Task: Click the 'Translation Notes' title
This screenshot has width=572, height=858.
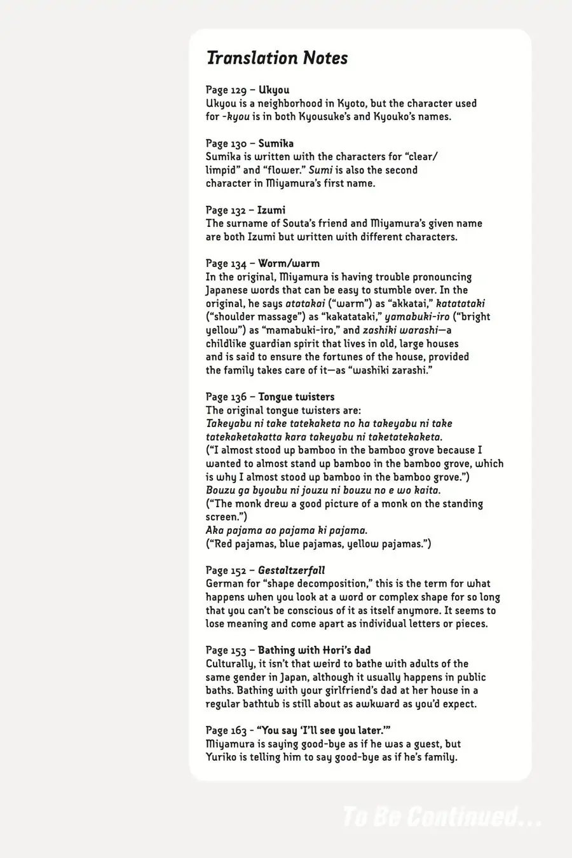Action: (x=277, y=58)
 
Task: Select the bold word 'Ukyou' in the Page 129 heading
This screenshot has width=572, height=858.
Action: (x=273, y=90)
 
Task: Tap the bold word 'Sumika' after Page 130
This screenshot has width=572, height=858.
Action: (x=276, y=144)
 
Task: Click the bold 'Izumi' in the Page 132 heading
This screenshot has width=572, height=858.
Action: (x=271, y=210)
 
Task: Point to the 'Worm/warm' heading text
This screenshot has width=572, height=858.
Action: (x=289, y=264)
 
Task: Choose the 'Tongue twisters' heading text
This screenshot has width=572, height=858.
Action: (x=296, y=397)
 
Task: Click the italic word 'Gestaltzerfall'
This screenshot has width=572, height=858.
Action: (x=291, y=571)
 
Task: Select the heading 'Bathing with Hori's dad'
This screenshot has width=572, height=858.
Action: (x=314, y=651)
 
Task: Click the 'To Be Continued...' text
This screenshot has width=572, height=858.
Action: (x=441, y=817)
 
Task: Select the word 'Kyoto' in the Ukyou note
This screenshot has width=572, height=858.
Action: (x=351, y=104)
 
